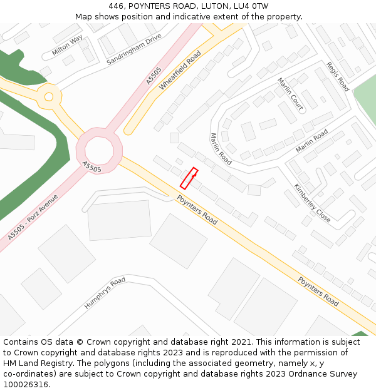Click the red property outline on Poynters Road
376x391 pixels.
pyautogui.click(x=189, y=178)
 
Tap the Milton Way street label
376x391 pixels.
pyautogui.click(x=68, y=46)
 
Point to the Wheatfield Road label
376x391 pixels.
pyautogui.click(x=180, y=71)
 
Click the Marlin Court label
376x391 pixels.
pyautogui.click(x=290, y=94)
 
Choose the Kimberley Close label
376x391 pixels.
pyautogui.click(x=312, y=203)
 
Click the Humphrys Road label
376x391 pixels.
pyautogui.click(x=105, y=294)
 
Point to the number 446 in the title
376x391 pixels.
pyautogui.click(x=116, y=6)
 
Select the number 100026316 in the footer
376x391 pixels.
pyautogui.click(x=26, y=385)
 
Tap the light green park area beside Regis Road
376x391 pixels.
pyautogui.click(x=365, y=100)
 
